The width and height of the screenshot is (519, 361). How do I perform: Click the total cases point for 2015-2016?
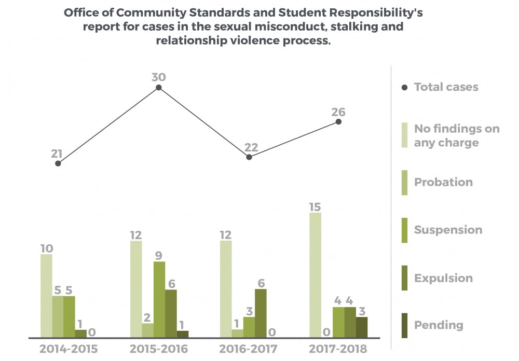point(159,88)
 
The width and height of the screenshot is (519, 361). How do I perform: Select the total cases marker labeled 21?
point(58,163)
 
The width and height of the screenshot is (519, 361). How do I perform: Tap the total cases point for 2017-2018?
point(338,122)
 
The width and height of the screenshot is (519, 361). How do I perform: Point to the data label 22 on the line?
point(251,147)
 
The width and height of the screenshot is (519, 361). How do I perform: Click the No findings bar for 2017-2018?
point(315,275)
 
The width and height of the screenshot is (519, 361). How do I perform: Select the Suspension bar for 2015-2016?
point(159,299)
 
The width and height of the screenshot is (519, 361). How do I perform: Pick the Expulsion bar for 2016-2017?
point(261,313)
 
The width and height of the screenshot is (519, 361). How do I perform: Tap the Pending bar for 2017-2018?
point(362,327)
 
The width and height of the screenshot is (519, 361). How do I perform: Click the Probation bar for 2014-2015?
point(58,316)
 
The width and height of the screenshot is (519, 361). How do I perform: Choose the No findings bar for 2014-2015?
point(46,296)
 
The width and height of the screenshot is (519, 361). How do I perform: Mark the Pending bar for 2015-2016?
point(183,334)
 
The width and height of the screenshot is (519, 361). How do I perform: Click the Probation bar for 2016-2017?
point(237,334)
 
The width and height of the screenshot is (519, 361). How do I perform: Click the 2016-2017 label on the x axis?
point(248,349)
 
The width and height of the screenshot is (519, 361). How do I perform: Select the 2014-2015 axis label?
point(69,349)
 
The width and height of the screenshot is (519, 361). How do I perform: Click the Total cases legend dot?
point(405,87)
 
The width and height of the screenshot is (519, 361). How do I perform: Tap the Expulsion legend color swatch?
point(405,278)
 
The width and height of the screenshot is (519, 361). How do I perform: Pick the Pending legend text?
point(439,325)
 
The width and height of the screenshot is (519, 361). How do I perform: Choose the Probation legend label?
point(443,182)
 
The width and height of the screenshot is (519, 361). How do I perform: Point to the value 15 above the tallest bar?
point(315,207)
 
